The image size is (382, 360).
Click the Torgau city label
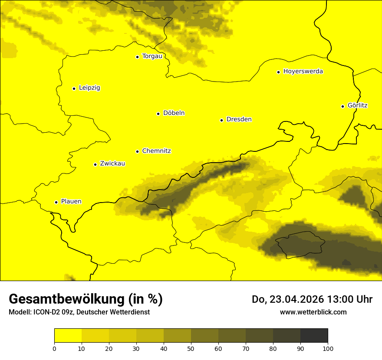pyautogui.click(x=152, y=56)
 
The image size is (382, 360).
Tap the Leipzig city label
pyautogui.click(x=89, y=88)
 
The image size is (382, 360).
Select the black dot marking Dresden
pyautogui.click(x=221, y=120)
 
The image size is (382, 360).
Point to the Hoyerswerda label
pyautogui.click(x=303, y=72)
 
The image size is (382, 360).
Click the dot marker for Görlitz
pyautogui.click(x=342, y=106)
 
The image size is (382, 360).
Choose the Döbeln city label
pyautogui.click(x=174, y=113)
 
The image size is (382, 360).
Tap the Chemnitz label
pyautogui.click(x=156, y=151)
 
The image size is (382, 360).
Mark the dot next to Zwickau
pyautogui.click(x=95, y=164)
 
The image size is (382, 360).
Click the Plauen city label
pyautogui.click(x=71, y=202)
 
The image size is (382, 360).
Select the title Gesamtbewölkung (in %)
pyautogui.click(x=86, y=299)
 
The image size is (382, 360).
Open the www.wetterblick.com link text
pyautogui.click(x=313, y=312)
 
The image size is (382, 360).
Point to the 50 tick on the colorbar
pyautogui.click(x=191, y=348)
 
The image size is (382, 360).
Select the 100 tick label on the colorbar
pyautogui.click(x=328, y=348)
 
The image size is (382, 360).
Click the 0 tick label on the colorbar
pyautogui.click(x=54, y=348)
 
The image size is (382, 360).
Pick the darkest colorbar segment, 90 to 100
pyautogui.click(x=314, y=335)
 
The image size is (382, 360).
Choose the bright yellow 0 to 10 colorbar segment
pyautogui.click(x=68, y=335)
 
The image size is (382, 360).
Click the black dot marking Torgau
pyautogui.click(x=137, y=57)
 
